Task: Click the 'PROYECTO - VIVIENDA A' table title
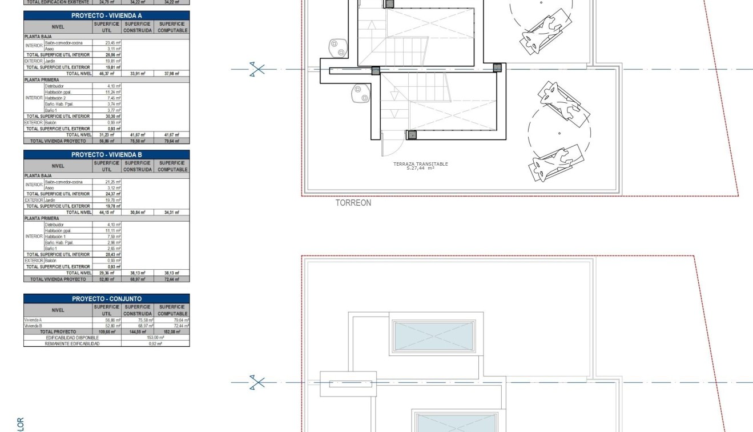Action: point(106,16)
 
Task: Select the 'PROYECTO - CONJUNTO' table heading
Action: point(106,299)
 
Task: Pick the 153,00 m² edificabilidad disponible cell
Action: point(155,338)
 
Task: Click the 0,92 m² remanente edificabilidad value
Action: point(155,343)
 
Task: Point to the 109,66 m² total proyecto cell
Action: point(107,331)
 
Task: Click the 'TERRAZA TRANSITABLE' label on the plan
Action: point(420,164)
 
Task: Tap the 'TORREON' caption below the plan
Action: point(353,203)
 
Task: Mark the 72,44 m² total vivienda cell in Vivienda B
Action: point(172,279)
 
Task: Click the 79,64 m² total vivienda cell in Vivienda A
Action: point(172,141)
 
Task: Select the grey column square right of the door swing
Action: point(412,135)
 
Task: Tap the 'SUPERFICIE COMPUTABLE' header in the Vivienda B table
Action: point(172,166)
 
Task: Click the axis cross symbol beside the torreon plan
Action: point(258,69)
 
